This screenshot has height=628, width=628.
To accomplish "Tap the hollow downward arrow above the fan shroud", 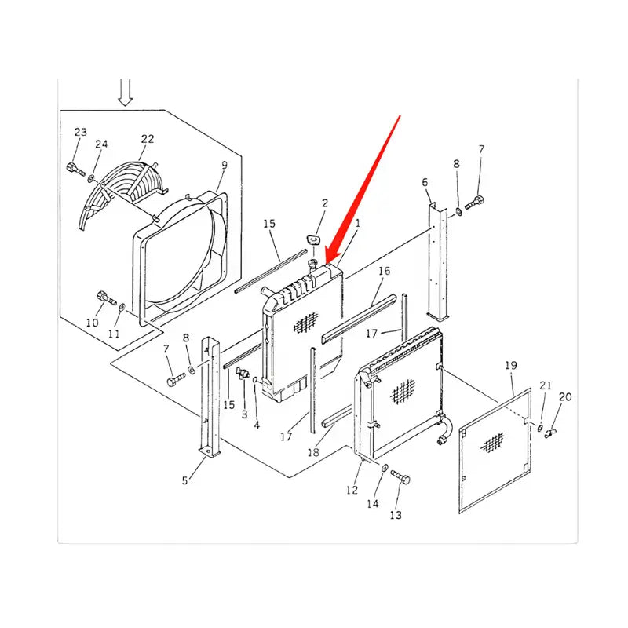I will [124, 92].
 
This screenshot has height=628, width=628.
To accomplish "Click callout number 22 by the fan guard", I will [148, 139].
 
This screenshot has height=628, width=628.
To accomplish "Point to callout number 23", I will [81, 132].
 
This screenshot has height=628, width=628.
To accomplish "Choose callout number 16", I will [384, 272].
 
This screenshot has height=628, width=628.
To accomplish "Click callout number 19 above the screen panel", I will [511, 365].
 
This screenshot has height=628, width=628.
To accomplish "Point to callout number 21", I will [546, 385].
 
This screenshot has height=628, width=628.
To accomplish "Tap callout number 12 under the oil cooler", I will [352, 490].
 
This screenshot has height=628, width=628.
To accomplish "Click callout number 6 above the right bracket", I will [425, 183].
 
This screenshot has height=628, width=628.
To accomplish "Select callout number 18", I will [314, 453].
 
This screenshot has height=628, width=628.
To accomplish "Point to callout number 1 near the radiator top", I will [357, 224].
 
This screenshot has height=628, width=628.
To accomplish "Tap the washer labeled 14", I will [385, 469].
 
